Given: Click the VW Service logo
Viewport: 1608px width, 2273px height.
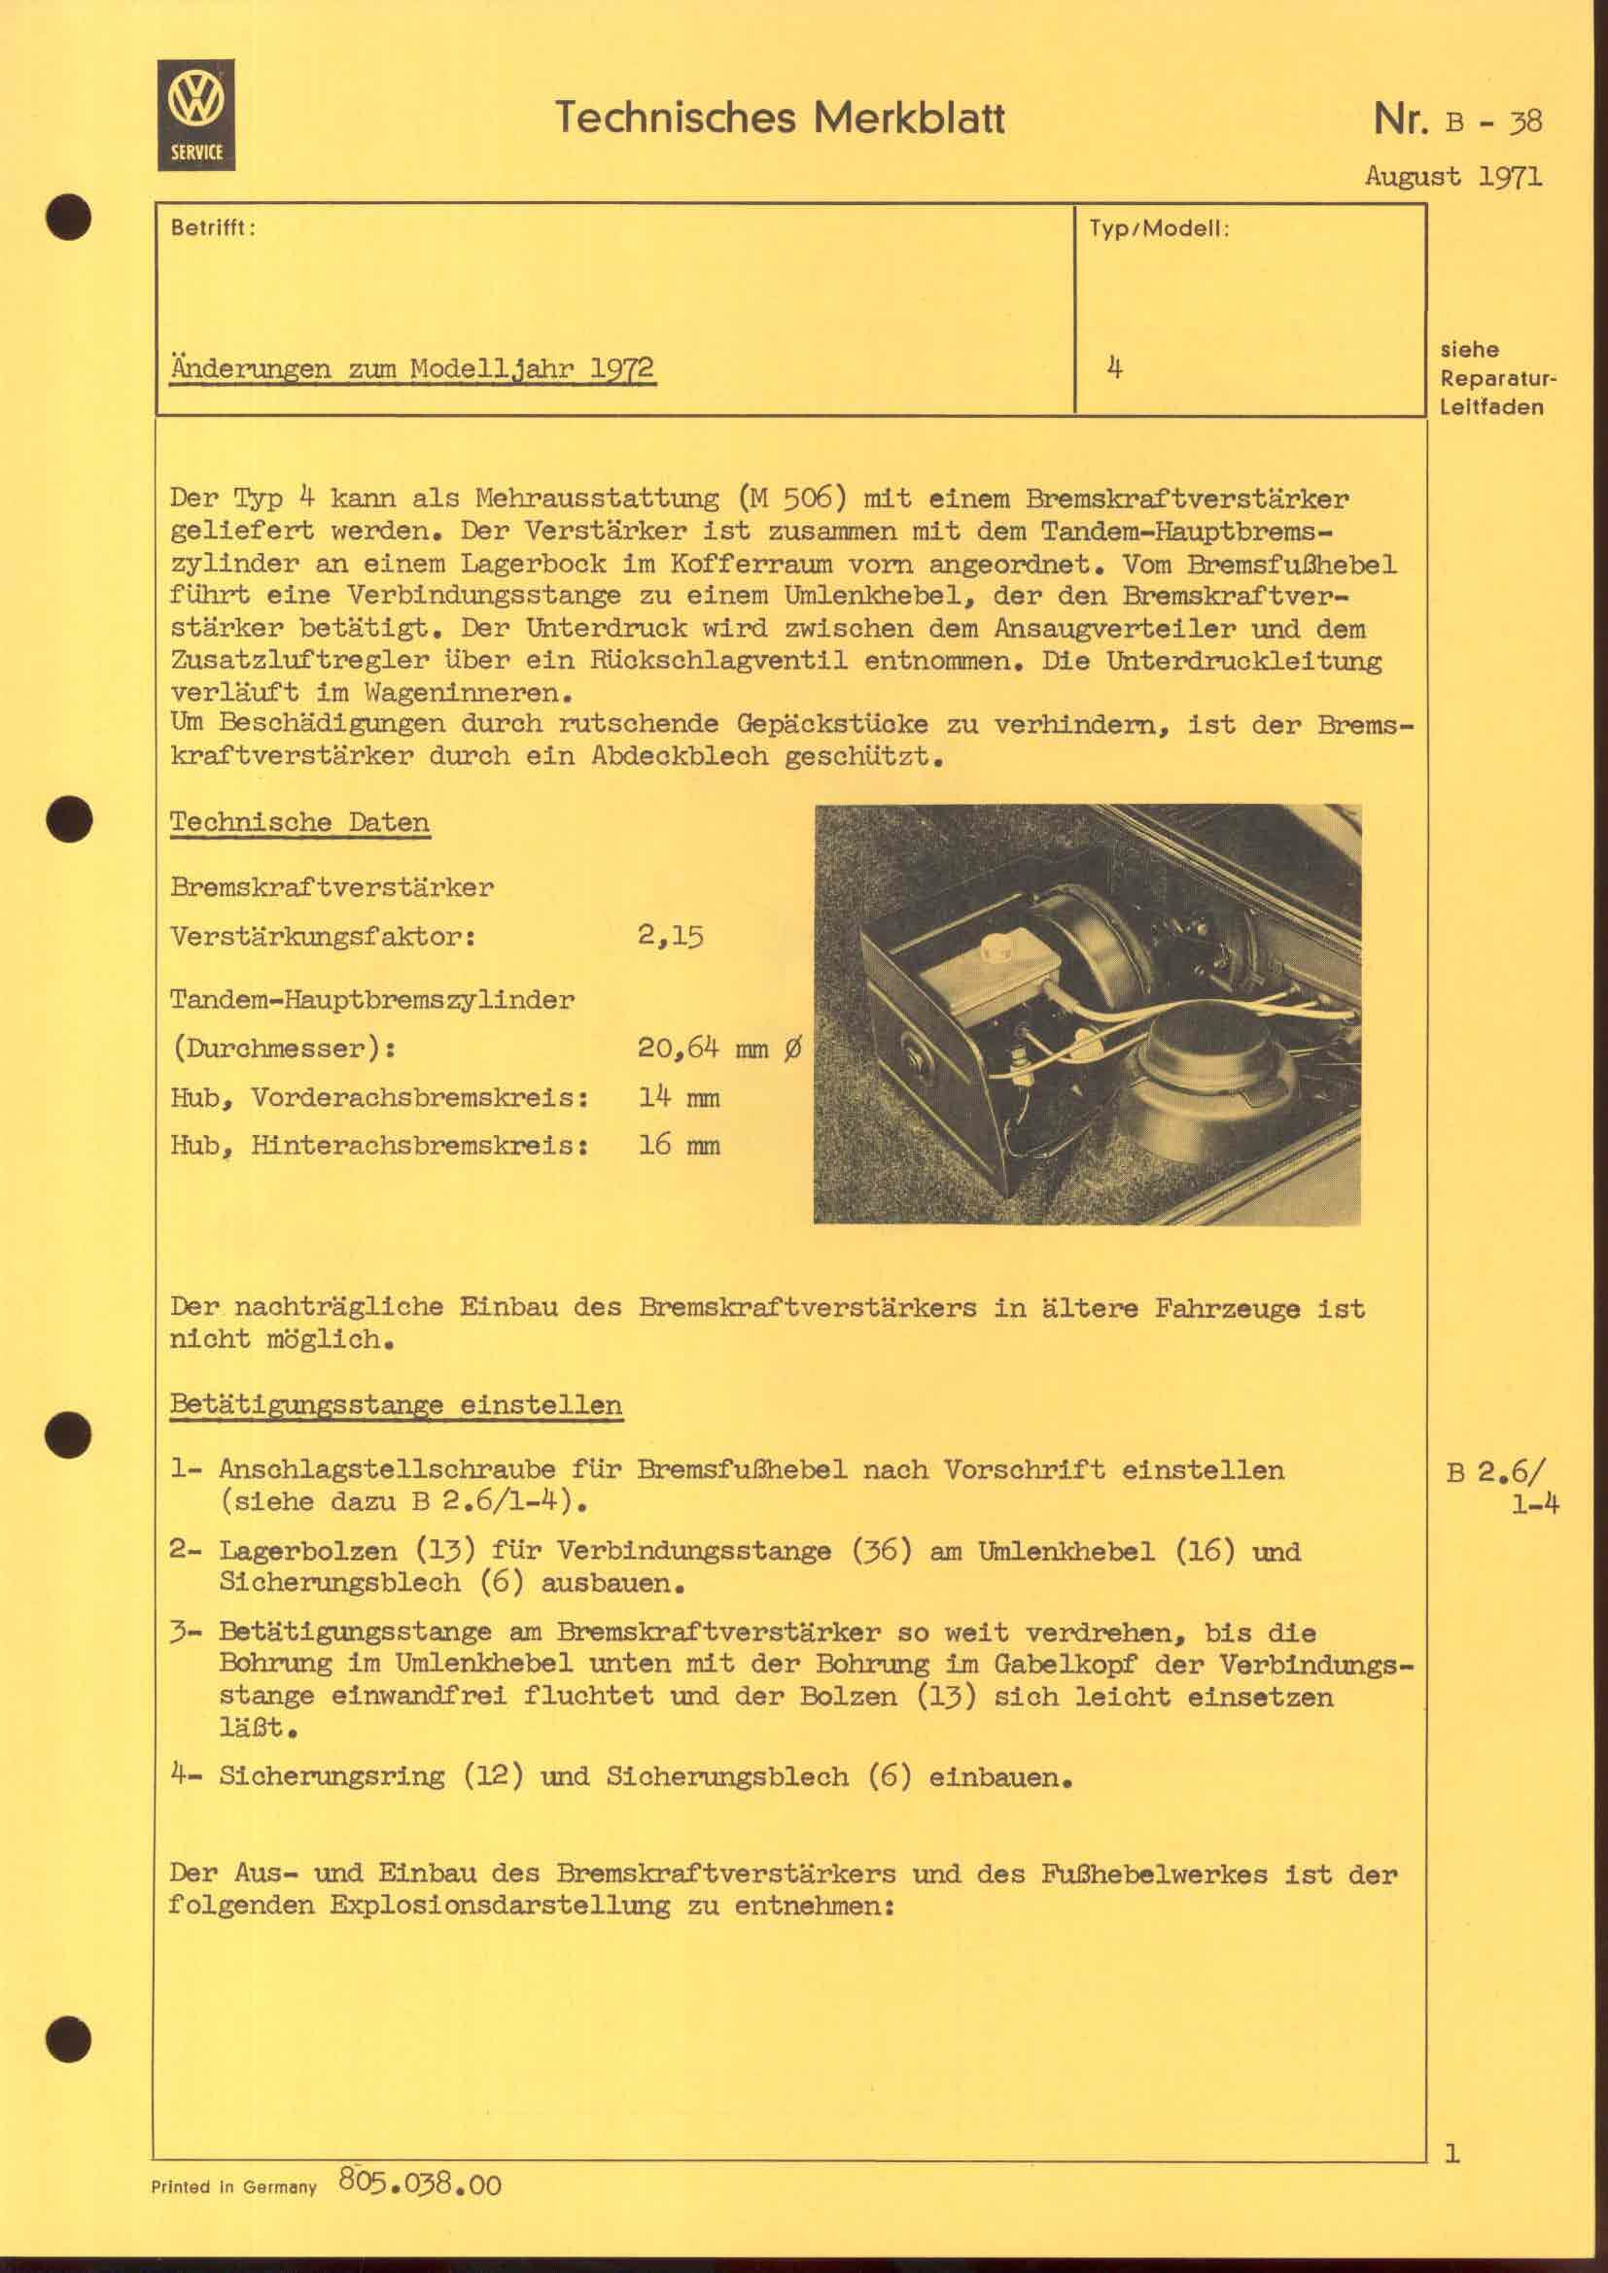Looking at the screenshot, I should coord(196,115).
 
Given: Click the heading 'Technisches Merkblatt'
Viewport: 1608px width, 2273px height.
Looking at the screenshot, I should coord(780,118).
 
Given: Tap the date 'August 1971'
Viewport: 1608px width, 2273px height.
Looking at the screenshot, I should coord(1452,176).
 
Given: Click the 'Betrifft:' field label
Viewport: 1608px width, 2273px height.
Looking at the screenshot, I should coord(213,227).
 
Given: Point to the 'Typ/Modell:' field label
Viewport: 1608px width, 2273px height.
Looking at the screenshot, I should coord(1159,227).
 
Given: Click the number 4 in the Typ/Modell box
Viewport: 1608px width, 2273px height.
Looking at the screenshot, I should coord(1115,368).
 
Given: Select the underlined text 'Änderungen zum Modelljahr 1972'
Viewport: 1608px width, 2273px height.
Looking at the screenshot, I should coord(412,369).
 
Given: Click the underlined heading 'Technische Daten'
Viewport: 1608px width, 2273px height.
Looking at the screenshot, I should coord(299,822).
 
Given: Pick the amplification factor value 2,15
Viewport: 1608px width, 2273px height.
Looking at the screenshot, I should coord(671,936).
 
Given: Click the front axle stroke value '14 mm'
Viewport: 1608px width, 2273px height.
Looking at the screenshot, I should coord(680,1097).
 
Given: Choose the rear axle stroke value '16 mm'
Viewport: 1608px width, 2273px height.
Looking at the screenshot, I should coord(680,1146).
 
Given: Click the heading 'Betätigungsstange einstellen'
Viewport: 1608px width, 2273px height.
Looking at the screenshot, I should coord(396,1405).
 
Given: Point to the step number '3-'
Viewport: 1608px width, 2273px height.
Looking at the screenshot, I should coord(185,1632).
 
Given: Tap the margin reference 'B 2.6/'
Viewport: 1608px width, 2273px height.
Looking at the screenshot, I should coord(1494,1472).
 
